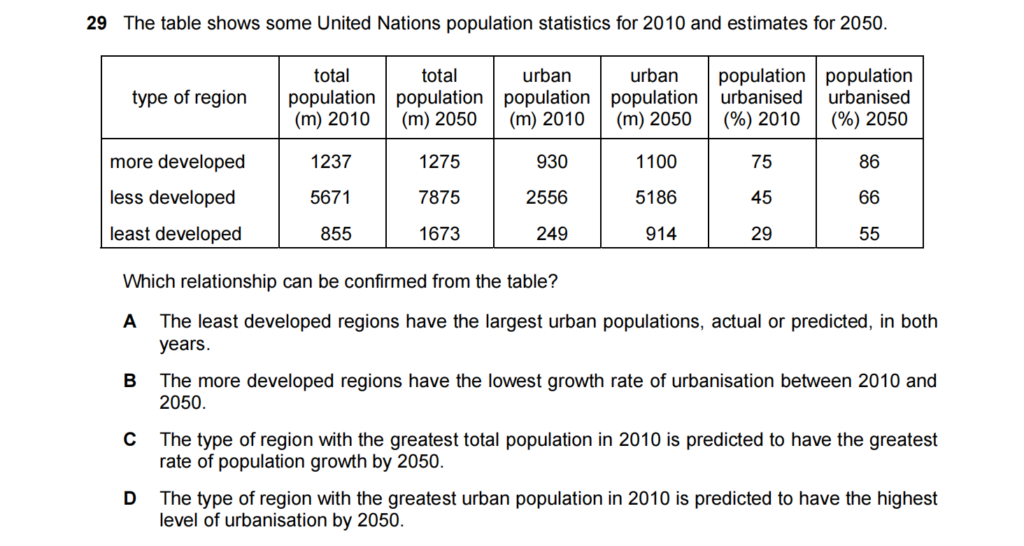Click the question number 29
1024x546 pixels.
click(97, 23)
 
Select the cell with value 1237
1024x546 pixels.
click(332, 162)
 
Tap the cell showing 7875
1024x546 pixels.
click(439, 197)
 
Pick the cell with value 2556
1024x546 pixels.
click(547, 197)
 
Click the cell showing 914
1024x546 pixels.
click(661, 234)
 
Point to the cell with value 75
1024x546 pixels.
click(762, 162)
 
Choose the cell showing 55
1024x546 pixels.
click(869, 234)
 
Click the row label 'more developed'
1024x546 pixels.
click(178, 162)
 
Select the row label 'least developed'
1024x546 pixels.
click(176, 234)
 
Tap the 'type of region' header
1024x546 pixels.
click(190, 97)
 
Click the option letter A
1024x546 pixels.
click(129, 321)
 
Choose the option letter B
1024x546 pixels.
click(129, 381)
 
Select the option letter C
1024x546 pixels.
click(129, 440)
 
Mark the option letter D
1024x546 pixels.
click(129, 498)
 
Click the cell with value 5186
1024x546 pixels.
click(656, 197)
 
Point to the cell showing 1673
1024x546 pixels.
click(439, 234)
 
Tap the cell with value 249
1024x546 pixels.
click(552, 234)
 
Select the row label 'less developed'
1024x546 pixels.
click(173, 197)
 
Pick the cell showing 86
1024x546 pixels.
click(869, 162)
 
